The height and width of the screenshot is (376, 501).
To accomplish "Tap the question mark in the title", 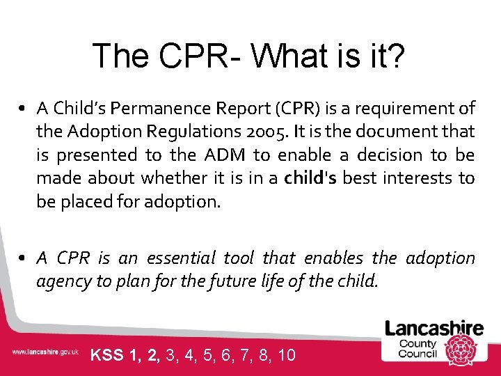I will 395,56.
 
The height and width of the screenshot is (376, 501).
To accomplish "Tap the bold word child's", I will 310,178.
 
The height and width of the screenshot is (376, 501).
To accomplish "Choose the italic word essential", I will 179,258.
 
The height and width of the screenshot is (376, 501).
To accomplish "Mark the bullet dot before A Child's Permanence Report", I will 23,109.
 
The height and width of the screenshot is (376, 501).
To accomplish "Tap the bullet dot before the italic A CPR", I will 23,259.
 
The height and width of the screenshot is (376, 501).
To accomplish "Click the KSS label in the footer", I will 107,355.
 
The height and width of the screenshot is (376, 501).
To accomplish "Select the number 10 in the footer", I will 286,355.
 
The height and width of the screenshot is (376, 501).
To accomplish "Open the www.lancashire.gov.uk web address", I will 45,352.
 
